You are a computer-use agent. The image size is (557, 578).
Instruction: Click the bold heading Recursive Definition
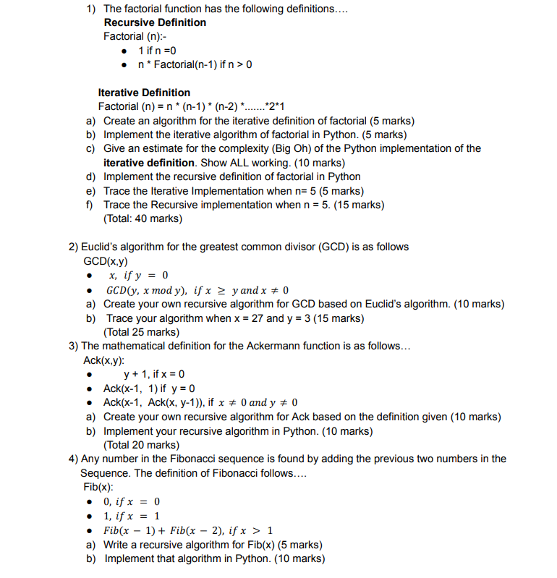coord(155,22)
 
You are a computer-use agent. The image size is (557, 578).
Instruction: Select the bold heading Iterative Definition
coord(144,93)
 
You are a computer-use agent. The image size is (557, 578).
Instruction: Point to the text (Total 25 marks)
coord(142,332)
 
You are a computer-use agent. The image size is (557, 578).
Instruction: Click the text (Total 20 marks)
coord(142,445)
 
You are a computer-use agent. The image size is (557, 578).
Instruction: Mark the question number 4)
coord(74,459)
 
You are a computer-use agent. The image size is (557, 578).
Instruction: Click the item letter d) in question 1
coord(91,177)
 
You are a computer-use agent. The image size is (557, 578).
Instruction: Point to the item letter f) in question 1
coord(90,205)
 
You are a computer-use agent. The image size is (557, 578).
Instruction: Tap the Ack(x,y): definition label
coord(103,360)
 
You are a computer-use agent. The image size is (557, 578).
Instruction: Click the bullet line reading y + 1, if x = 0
coord(154,374)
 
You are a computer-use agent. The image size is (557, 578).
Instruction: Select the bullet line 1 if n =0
coord(157,51)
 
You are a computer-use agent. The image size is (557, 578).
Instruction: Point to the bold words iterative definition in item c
coord(150,163)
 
